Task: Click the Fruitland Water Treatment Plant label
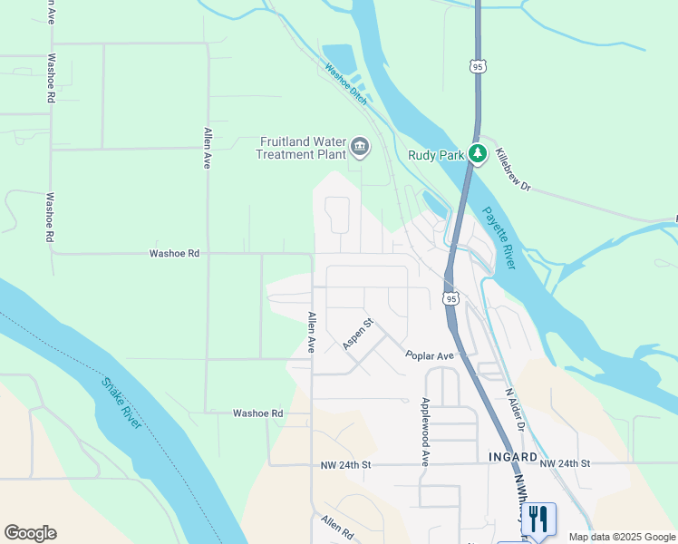pos(302,148)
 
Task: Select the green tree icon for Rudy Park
pos(478,154)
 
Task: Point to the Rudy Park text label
pos(436,155)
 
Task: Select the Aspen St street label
pos(358,334)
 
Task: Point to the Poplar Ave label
pos(430,356)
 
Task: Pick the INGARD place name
pos(513,457)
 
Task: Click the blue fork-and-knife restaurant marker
pos(538,519)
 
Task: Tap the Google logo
pos(30,533)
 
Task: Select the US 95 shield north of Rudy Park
pos(478,65)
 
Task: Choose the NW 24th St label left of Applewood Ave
pos(347,464)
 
